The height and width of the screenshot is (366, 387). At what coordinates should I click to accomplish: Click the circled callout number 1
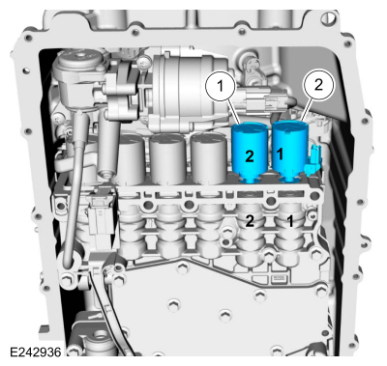point(221,86)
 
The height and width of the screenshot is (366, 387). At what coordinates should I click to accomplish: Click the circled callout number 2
point(317,85)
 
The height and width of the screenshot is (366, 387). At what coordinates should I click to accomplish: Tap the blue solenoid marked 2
point(251,153)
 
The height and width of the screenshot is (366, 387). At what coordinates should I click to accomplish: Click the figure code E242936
point(35,352)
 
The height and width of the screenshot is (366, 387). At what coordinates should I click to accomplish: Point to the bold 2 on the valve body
point(250,221)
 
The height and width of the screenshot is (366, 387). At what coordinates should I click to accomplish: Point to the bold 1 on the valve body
point(290,221)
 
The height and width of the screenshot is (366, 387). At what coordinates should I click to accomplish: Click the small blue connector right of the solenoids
point(313,160)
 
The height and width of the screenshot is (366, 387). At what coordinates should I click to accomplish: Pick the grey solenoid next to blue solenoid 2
point(209,158)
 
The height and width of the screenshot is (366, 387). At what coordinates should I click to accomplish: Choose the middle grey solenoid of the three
point(167,158)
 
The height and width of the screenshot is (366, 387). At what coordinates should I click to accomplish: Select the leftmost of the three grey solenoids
point(129,158)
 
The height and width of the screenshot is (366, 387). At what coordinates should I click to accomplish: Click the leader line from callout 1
point(234,112)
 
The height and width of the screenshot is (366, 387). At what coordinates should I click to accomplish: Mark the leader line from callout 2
point(307,110)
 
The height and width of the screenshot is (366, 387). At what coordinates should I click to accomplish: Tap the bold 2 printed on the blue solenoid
point(250,155)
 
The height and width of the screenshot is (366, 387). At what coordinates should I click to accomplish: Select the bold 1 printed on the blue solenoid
point(280,155)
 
